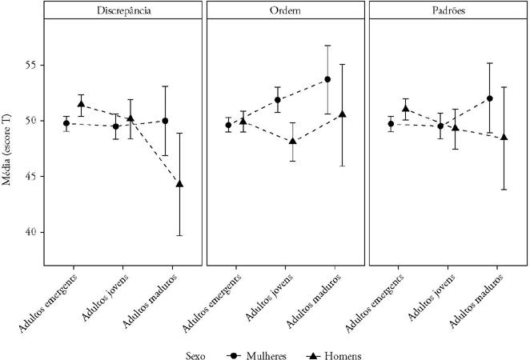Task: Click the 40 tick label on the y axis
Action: point(31,232)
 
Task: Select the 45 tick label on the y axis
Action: point(31,176)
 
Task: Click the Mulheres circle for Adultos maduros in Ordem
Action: point(328,79)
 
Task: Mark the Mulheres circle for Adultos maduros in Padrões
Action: point(490,98)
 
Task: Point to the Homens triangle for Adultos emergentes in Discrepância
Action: point(80,104)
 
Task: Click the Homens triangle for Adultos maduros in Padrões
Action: point(504,137)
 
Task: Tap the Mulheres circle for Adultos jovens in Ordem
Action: point(278,100)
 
